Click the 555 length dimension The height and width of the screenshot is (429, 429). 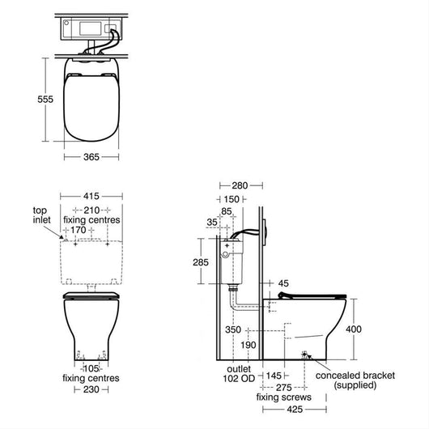[45, 100]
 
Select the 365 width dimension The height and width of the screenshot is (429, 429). [91, 157]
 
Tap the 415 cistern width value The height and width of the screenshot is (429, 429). [91, 196]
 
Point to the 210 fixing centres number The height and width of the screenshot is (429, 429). [91, 210]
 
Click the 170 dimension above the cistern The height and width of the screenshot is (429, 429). [79, 230]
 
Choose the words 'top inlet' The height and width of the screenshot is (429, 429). [42, 215]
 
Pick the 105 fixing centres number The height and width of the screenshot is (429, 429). [91, 368]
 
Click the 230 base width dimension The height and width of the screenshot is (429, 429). [91, 389]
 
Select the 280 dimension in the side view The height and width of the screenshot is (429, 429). [240, 186]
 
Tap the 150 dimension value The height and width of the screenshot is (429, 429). [231, 199]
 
